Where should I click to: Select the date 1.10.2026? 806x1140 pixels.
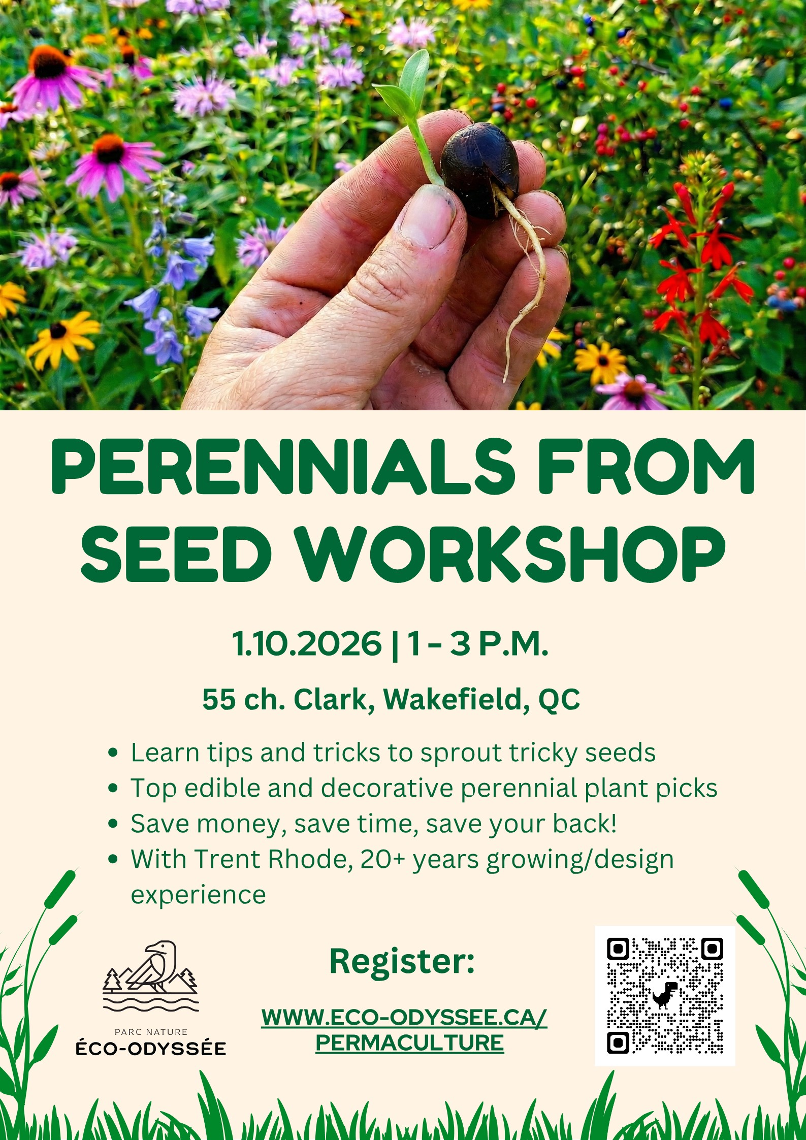tap(307, 643)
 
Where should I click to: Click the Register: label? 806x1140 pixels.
tap(402, 961)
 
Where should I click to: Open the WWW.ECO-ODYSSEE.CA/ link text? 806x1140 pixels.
tap(404, 1017)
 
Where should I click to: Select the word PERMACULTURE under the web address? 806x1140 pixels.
tap(409, 1043)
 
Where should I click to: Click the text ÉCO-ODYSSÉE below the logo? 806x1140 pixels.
tap(151, 1049)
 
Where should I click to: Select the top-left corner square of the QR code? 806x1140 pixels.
tap(618, 948)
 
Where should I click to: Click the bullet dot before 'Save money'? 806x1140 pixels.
tap(113, 824)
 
